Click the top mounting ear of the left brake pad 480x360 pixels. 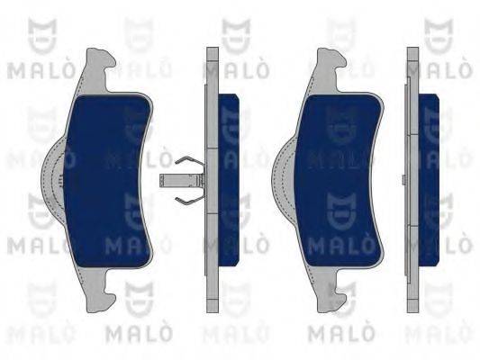click(98, 69)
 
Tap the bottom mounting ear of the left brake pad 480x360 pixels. click(98, 290)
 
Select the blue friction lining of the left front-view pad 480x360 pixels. click(107, 181)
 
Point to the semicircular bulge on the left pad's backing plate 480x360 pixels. click(52, 181)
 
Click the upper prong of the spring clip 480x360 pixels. click(187, 162)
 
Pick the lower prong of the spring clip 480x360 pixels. click(187, 200)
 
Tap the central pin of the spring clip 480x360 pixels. click(181, 181)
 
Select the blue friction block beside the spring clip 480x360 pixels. click(229, 180)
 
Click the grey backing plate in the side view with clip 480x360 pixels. click(212, 180)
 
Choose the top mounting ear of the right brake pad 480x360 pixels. click(330, 69)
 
